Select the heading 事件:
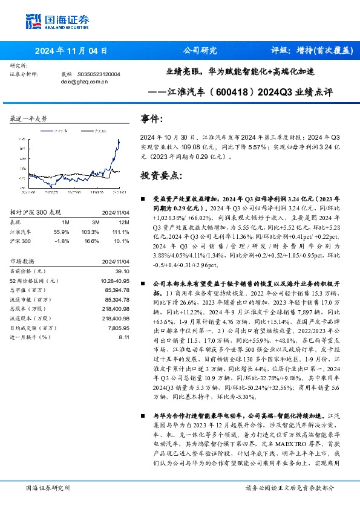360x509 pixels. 153,119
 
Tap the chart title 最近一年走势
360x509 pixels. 28,118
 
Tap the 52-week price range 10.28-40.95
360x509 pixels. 113,280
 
